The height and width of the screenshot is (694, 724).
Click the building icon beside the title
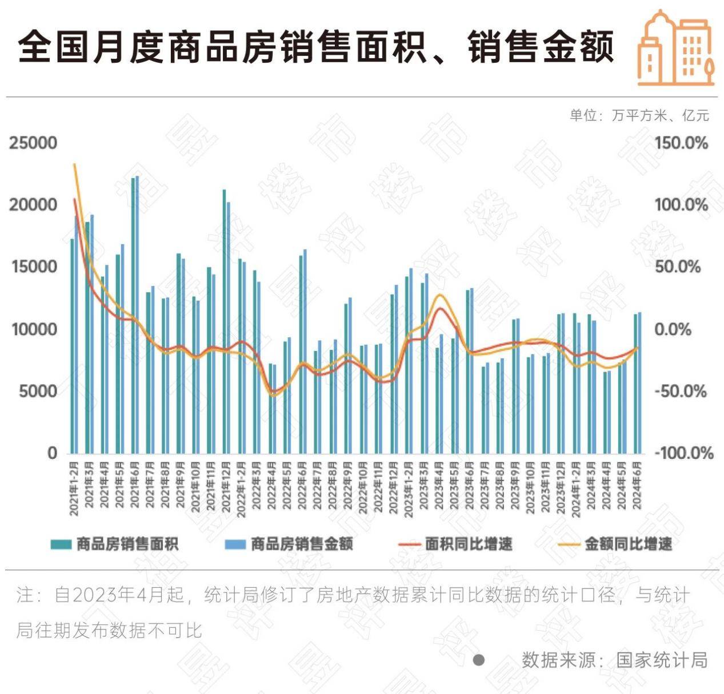(x=676, y=49)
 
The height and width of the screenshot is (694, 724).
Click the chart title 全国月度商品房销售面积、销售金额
(x=316, y=47)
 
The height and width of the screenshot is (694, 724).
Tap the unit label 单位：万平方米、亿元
(x=639, y=115)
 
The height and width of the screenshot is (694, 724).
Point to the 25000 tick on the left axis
(x=33, y=143)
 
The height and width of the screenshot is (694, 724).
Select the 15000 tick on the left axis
(x=33, y=267)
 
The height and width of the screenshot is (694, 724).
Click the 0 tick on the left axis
(x=52, y=453)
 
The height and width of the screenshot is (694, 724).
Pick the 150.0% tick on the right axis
(x=681, y=143)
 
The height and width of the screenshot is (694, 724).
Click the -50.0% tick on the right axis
(x=680, y=392)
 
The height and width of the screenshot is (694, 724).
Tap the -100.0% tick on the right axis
(x=683, y=453)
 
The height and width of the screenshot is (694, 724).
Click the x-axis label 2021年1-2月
(x=74, y=486)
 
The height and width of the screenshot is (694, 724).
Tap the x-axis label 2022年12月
(x=394, y=486)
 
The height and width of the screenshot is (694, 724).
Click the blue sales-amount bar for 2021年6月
(x=137, y=314)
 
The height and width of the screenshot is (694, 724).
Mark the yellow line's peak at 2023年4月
(x=439, y=295)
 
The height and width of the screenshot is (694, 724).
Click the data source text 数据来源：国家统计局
(x=614, y=660)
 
